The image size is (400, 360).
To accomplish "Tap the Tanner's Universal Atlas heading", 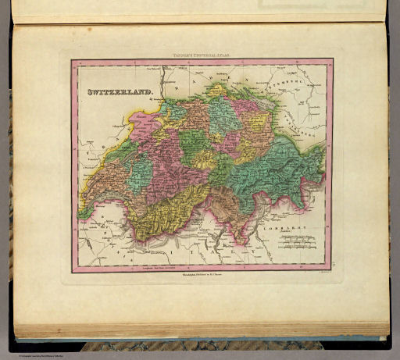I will [202, 55].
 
